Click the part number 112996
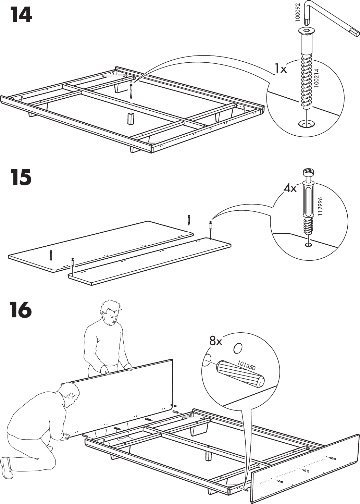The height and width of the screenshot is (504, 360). click(x=321, y=206)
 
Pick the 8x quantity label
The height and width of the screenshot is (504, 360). click(x=216, y=341)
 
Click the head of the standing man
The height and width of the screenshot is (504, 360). click(x=110, y=312)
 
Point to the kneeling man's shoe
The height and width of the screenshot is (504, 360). click(x=6, y=467)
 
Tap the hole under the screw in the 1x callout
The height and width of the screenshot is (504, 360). click(x=307, y=124)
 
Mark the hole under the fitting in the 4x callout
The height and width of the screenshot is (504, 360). click(x=308, y=245)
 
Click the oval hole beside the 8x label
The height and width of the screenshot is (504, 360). click(x=237, y=348)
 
